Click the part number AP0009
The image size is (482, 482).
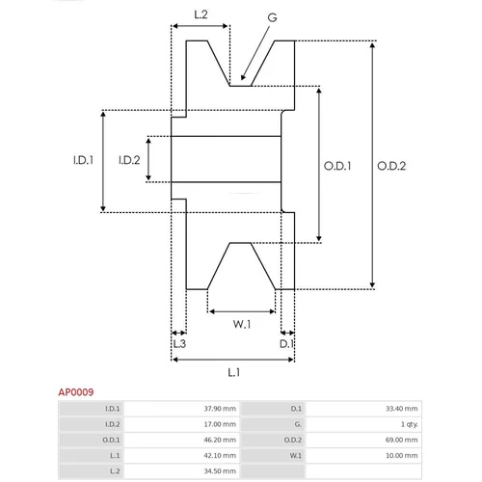click(76, 392)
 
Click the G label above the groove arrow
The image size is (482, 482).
click(272, 17)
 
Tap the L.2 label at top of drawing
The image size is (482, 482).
click(201, 14)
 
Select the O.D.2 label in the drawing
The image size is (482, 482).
click(391, 166)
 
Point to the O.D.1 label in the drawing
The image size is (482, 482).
click(337, 166)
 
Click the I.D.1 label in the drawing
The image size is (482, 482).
click(83, 160)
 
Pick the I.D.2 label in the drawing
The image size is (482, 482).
click(129, 160)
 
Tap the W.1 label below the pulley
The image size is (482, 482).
click(242, 324)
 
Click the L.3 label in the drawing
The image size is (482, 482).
click(179, 344)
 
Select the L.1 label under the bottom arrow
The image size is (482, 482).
click(234, 372)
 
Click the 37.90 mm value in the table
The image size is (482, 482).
click(220, 409)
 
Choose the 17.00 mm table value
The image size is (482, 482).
click(220, 424)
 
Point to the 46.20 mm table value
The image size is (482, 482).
click(220, 440)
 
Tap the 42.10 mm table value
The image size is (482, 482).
click(220, 455)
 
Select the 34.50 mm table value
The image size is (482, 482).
click(220, 471)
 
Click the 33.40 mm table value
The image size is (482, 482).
click(402, 409)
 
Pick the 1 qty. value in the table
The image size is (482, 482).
click(410, 424)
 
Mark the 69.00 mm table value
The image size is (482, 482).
click(402, 440)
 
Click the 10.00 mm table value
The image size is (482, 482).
click(402, 455)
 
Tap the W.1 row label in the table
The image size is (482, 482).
click(296, 455)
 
